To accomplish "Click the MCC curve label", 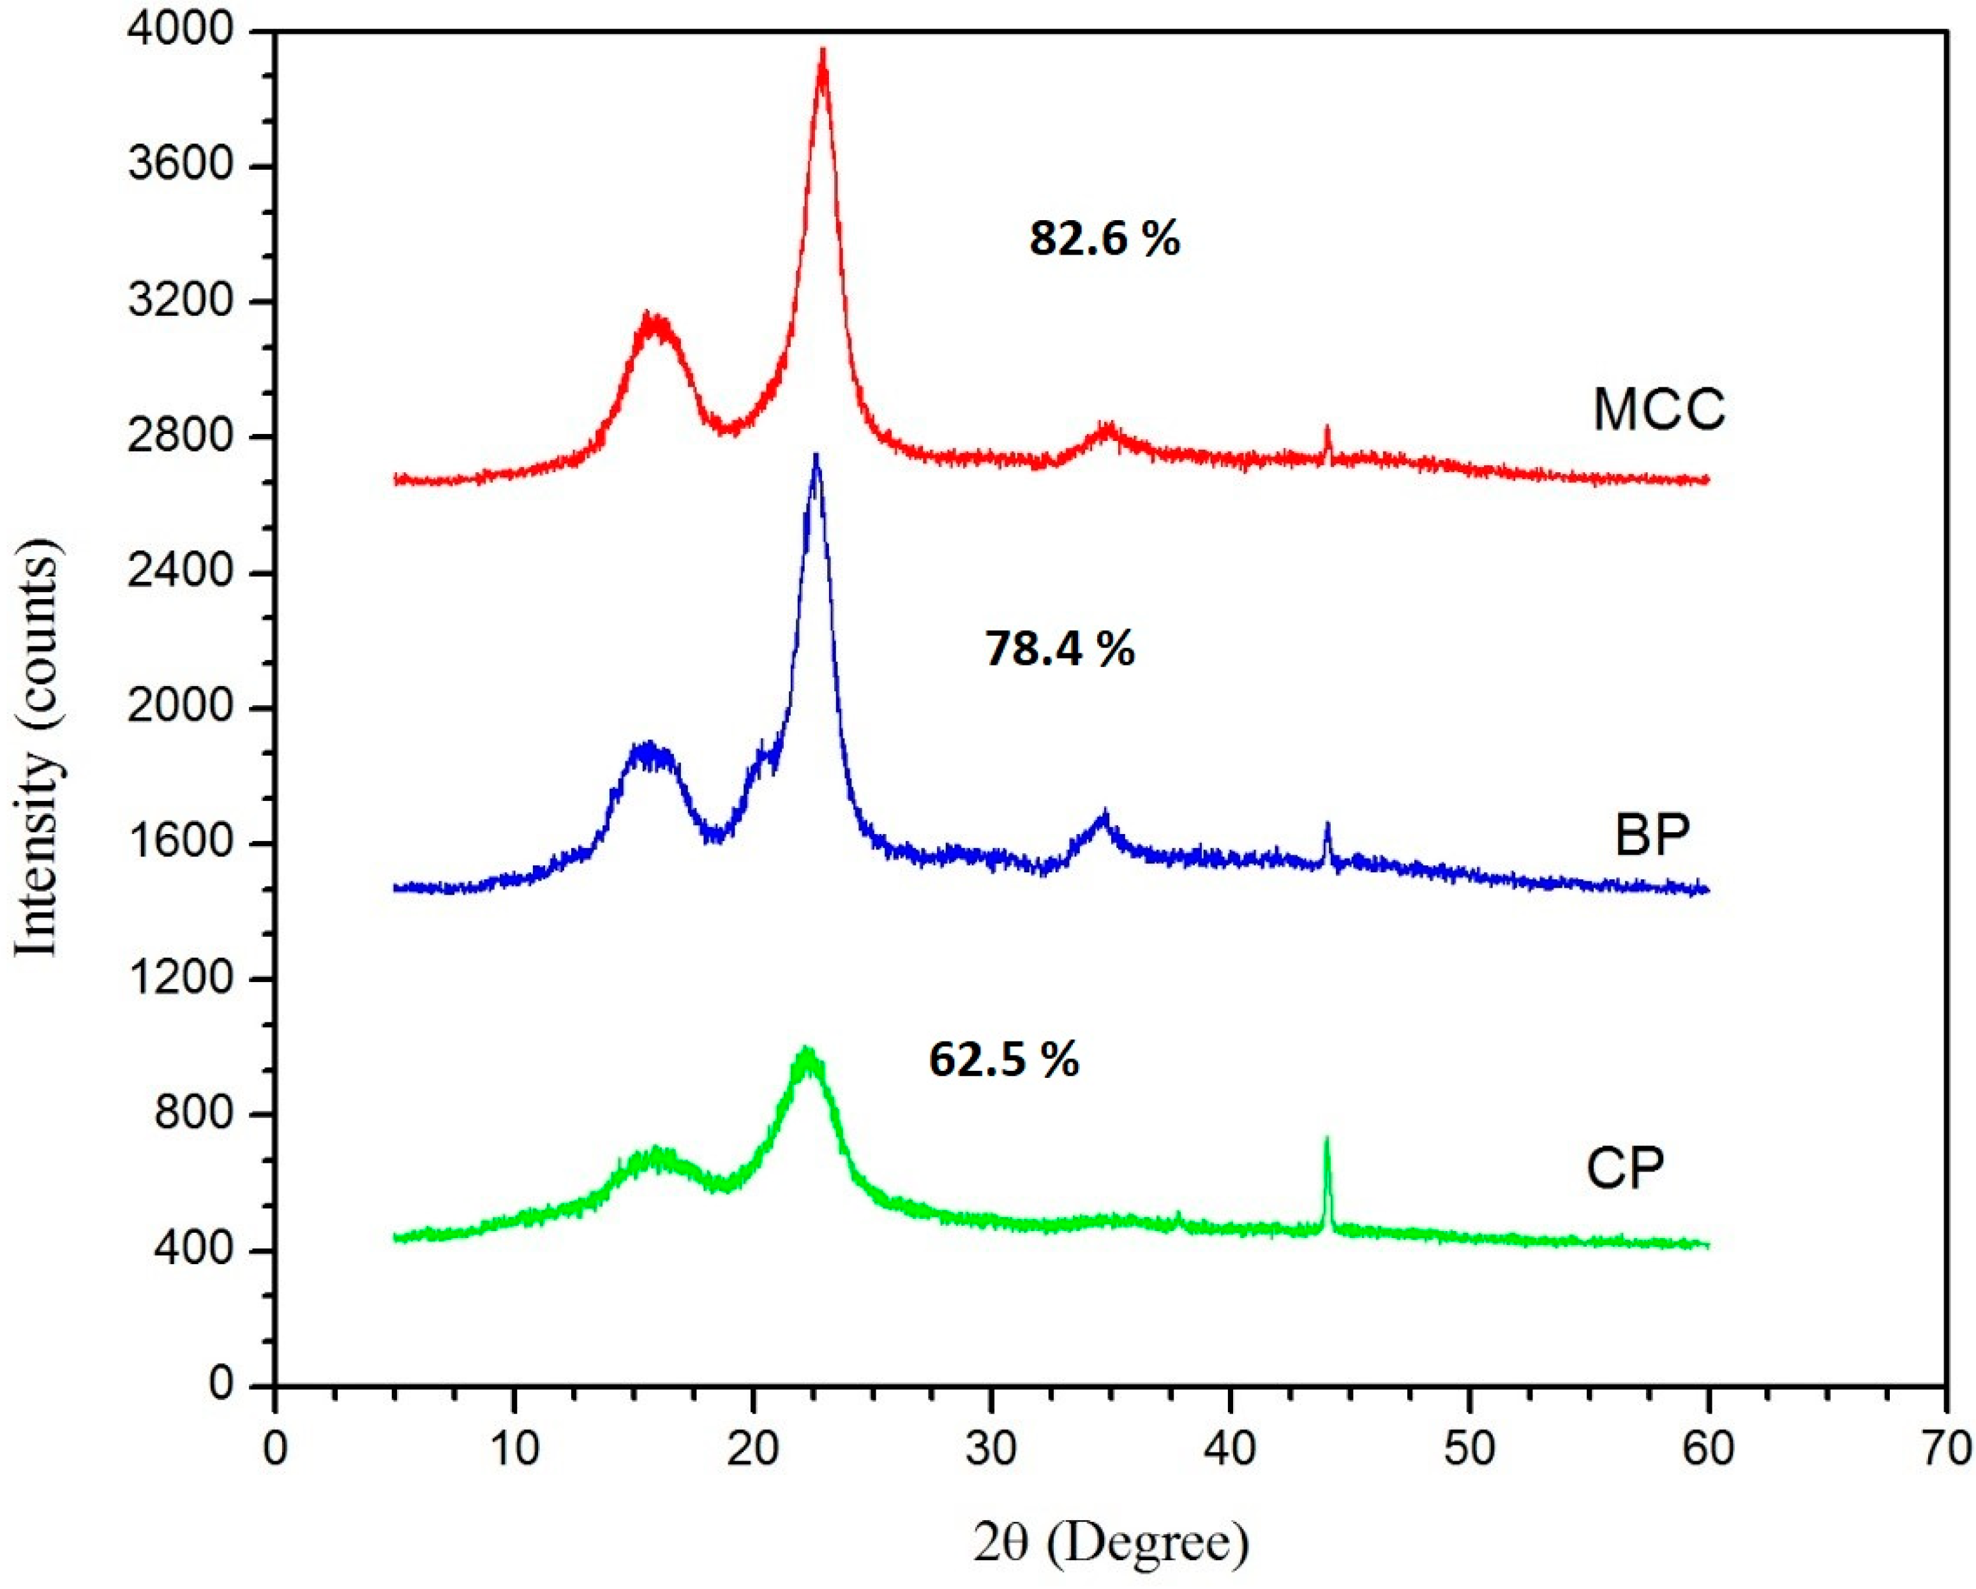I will [x=1659, y=410].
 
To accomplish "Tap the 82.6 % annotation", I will [x=1104, y=240].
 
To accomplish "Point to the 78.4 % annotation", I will [x=1059, y=649].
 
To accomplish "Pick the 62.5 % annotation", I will [x=1003, y=1059].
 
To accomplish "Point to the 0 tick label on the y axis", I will [x=223, y=1384].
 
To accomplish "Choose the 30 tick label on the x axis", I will [x=990, y=1448].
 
